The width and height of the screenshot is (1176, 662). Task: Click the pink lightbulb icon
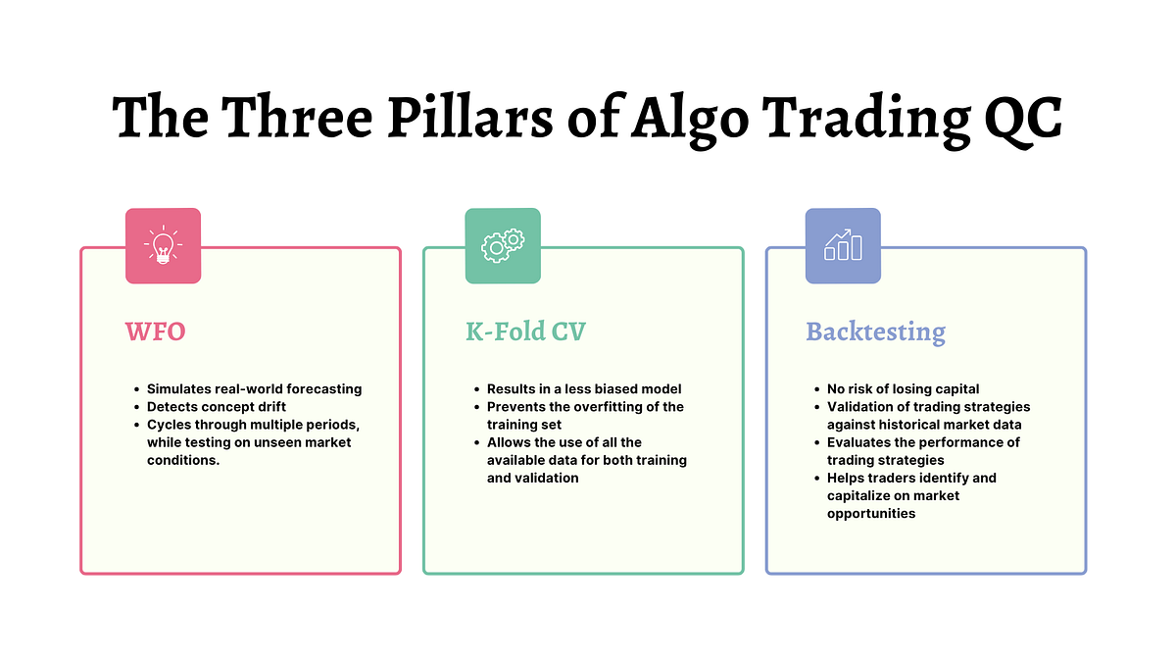[x=163, y=245]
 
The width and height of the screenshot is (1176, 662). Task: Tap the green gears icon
[x=503, y=245]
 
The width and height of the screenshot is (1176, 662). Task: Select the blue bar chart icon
[x=843, y=245]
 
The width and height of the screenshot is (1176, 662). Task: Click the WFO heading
[x=155, y=331]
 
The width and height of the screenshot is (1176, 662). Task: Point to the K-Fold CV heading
[x=525, y=331]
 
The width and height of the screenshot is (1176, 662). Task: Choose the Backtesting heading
[x=875, y=331]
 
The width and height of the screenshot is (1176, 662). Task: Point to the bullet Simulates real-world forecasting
[x=254, y=389]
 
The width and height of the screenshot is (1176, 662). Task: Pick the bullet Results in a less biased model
[x=584, y=389]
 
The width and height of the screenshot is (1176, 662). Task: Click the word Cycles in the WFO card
[x=168, y=425]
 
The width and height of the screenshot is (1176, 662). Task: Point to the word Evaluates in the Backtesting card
[x=859, y=442]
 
